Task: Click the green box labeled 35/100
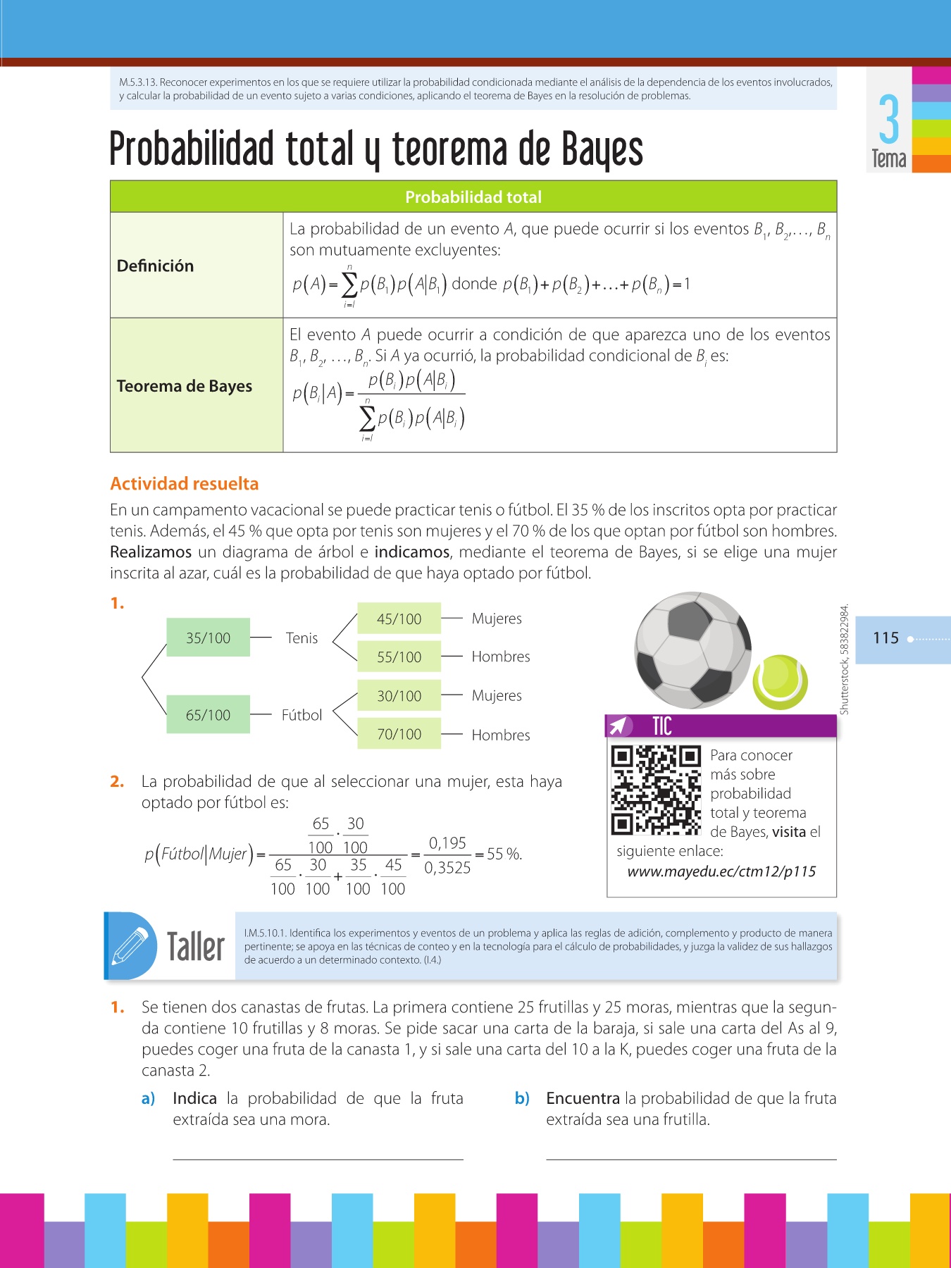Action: coord(208,638)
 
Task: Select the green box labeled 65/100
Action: coord(208,714)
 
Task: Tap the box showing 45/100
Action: coord(399,619)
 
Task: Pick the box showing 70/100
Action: coord(399,733)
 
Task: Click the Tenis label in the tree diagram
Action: coord(302,638)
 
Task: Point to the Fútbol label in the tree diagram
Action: coord(302,714)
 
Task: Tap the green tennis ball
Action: coord(780,682)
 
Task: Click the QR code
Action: coord(656,790)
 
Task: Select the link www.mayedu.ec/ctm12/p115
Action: coord(721,871)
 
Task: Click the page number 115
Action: coord(885,638)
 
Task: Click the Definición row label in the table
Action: coord(155,266)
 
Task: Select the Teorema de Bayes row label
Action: coord(185,386)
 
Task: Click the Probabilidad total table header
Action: coord(473,197)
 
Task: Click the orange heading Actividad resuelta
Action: coord(185,483)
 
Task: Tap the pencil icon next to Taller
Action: coord(130,946)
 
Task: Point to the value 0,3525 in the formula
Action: coord(447,867)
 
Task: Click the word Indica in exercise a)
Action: coord(194,1098)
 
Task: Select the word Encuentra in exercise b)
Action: coord(583,1098)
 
